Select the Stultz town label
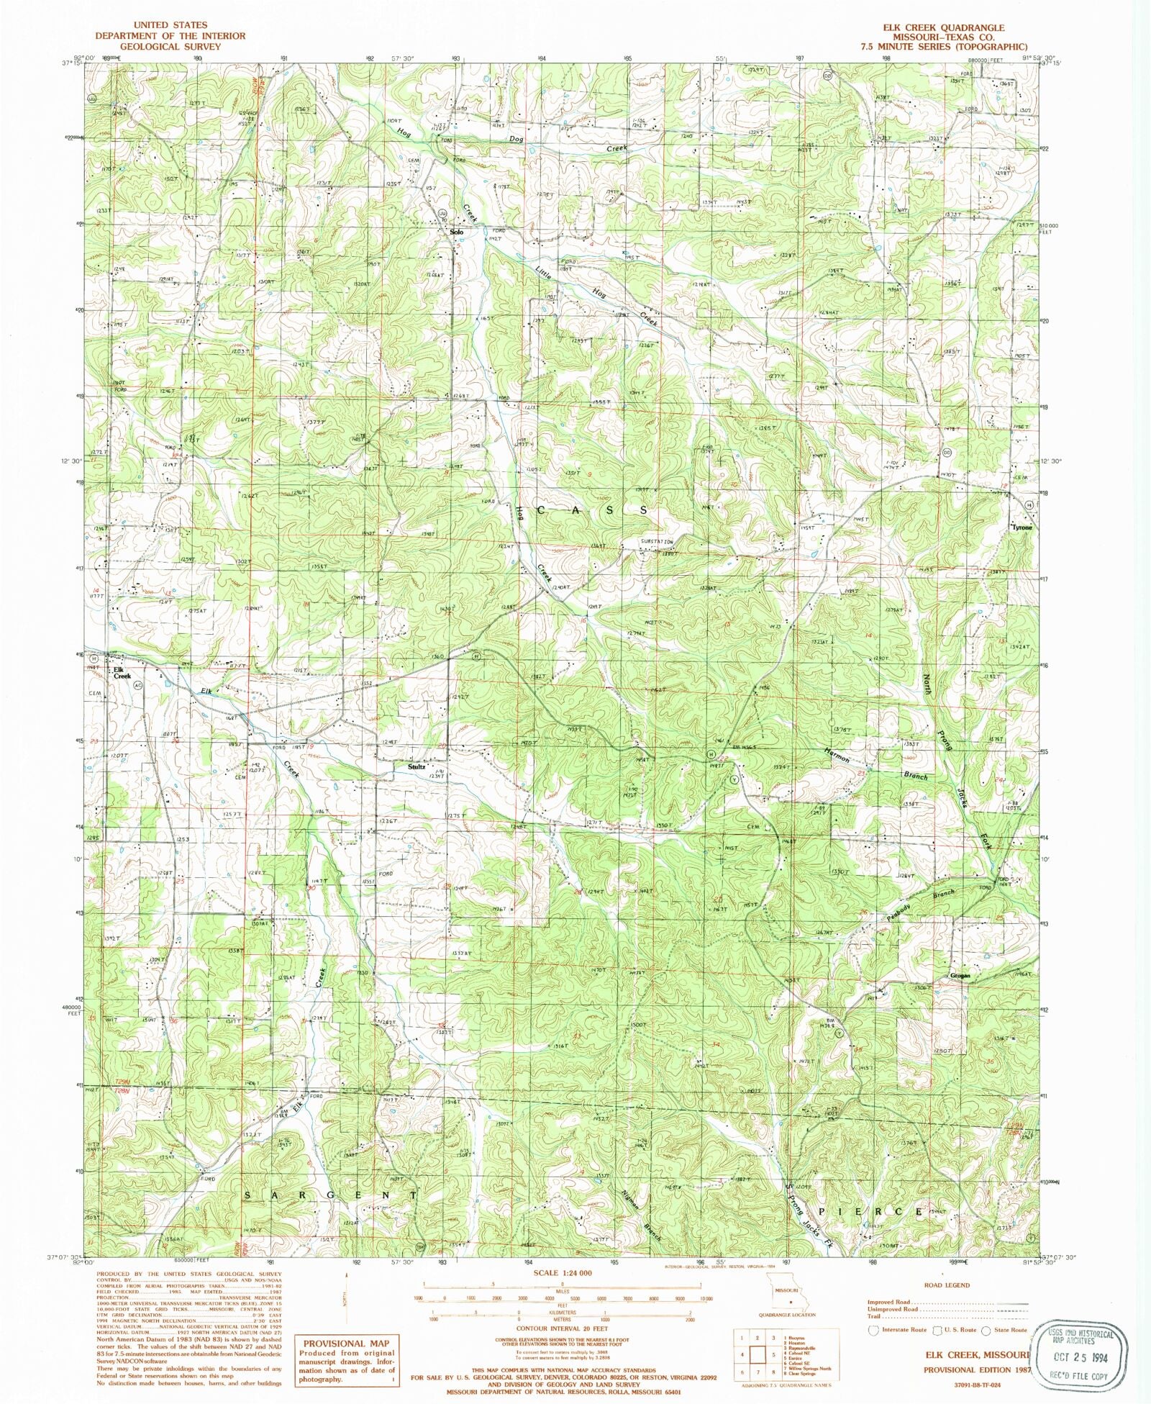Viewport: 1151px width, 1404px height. tap(417, 767)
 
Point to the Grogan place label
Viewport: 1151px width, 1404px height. tap(960, 976)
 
